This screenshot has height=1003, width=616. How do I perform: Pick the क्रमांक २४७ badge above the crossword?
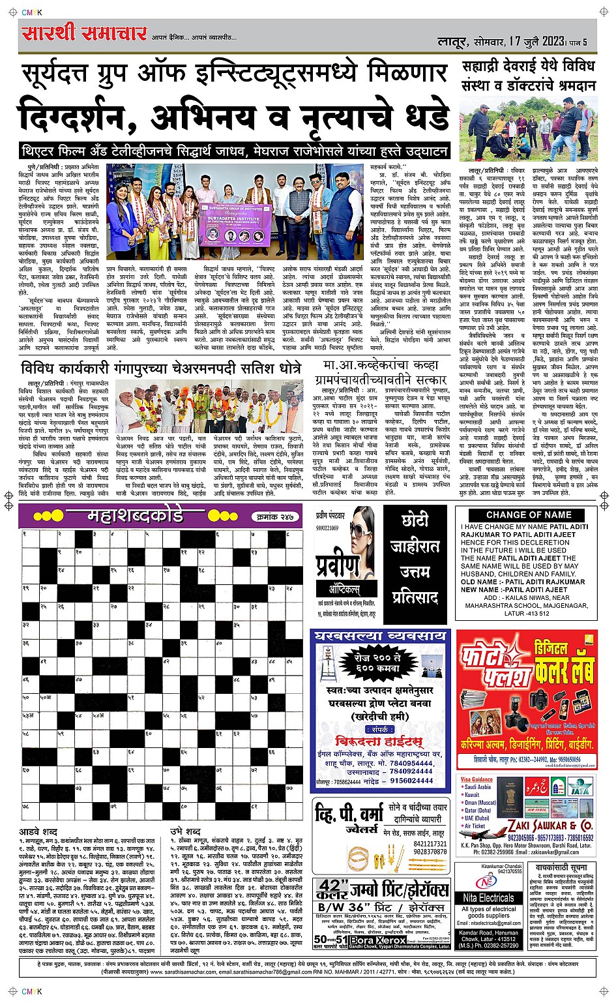pyautogui.click(x=272, y=517)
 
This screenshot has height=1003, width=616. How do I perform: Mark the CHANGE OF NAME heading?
pyautogui.click(x=528, y=515)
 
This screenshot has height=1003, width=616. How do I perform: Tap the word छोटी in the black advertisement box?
pyautogui.click(x=415, y=520)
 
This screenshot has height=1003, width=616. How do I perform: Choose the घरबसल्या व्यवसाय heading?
pyautogui.click(x=381, y=635)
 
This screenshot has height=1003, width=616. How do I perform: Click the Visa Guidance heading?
pyautogui.click(x=477, y=779)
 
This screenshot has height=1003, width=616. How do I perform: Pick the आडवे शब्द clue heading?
pyautogui.click(x=38, y=832)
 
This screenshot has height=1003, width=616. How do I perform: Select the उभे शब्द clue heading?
pyautogui.click(x=186, y=831)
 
